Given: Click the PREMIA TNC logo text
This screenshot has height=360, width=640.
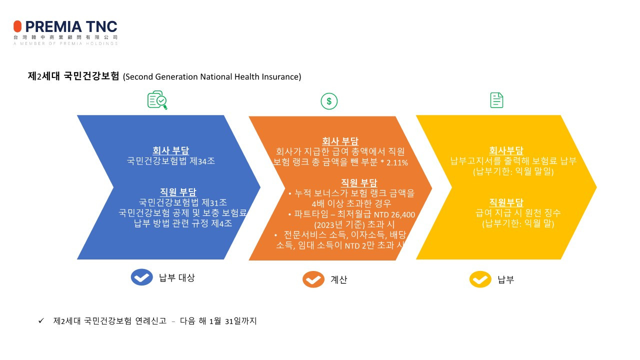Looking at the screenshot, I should point(70,26).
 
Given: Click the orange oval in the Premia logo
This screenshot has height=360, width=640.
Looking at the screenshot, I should point(17,26).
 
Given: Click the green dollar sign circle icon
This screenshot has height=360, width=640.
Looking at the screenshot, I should point(329,101).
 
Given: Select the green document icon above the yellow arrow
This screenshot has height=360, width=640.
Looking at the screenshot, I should point(496,100).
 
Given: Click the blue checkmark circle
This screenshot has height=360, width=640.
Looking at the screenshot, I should point(142,277).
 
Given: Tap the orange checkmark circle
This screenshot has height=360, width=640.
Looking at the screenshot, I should point(313,279).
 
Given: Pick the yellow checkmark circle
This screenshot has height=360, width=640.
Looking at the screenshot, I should point(480,279).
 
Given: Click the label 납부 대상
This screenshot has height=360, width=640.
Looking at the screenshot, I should point(176,278).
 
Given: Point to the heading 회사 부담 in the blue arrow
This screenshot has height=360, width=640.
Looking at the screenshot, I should point(171,150).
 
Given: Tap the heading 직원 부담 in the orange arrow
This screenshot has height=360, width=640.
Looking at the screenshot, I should point(359,182).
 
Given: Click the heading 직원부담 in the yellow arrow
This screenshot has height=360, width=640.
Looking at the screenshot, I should point(506,202).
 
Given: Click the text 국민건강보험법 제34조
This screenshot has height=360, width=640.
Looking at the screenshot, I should point(171,161).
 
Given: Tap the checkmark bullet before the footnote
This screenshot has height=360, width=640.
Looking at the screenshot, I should point(41,321).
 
